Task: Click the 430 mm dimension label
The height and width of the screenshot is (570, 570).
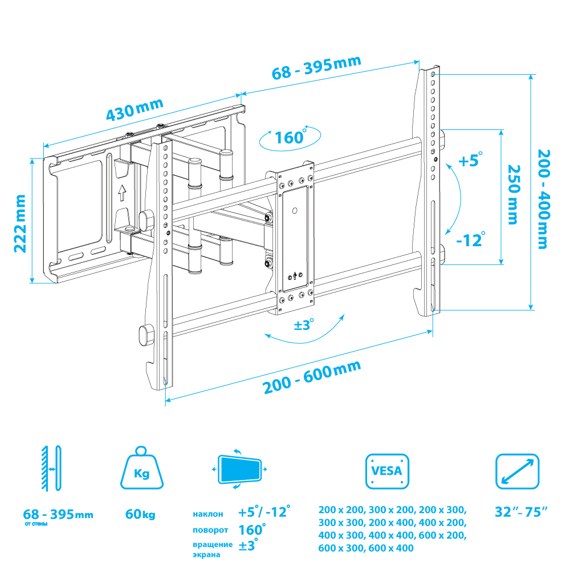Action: (134, 109)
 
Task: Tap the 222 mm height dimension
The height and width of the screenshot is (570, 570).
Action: (20, 223)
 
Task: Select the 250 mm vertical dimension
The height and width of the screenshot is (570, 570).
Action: (514, 194)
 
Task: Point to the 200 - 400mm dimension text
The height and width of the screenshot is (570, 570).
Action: (544, 199)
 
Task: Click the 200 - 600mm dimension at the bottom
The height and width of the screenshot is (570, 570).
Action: (312, 377)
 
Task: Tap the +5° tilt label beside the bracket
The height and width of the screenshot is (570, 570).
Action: (470, 160)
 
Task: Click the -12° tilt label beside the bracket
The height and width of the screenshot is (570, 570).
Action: (471, 239)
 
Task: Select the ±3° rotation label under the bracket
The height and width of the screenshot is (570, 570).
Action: (304, 324)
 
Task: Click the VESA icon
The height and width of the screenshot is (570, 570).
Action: (387, 471)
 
